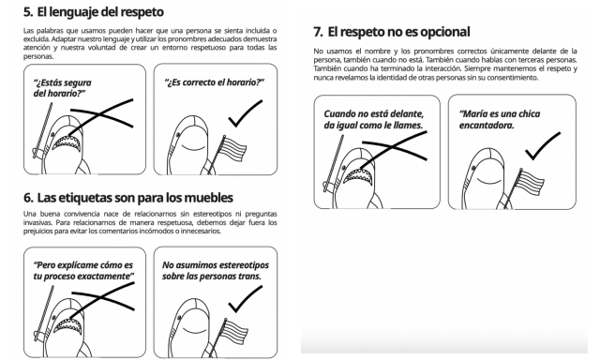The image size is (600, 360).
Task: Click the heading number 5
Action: [x=28, y=12]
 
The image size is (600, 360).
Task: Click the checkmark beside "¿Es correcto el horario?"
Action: [x=246, y=113]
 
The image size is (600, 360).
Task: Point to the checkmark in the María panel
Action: [x=543, y=146]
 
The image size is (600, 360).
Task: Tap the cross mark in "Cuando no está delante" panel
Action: [x=394, y=147]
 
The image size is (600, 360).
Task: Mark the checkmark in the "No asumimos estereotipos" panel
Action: [x=246, y=299]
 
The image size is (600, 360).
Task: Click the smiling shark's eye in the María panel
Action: [x=473, y=168]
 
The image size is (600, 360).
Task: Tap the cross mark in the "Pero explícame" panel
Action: [x=102, y=297]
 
